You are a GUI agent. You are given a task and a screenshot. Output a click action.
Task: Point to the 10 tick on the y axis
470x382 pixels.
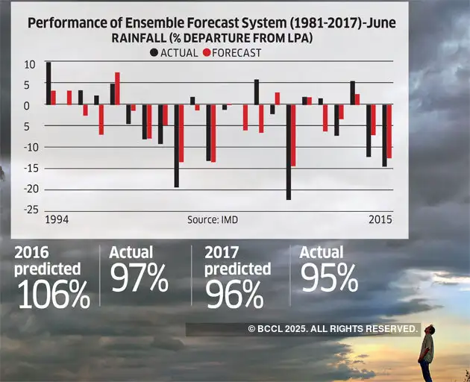pyautogui.click(x=29, y=64)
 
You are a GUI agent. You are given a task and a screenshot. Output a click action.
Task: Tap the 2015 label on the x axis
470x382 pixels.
pyautogui.click(x=380, y=220)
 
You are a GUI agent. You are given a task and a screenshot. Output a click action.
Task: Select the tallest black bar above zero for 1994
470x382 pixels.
pyautogui.click(x=48, y=83)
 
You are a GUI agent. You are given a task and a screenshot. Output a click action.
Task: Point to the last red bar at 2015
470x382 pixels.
pyautogui.click(x=389, y=131)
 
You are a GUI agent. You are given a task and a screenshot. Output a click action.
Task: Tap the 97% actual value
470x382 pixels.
pyautogui.click(x=139, y=278)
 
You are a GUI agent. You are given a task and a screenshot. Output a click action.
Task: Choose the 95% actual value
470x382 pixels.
pyautogui.click(x=329, y=278)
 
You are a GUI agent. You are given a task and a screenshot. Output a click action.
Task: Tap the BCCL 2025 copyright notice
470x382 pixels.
pyautogui.click(x=333, y=328)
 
